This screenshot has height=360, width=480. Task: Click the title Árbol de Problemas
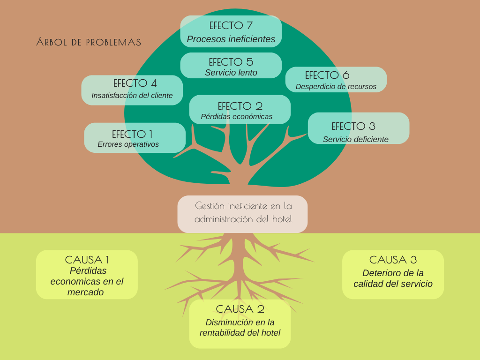point(89,42)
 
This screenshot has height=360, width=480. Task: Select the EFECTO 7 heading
point(231,26)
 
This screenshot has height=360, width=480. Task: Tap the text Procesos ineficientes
point(231,39)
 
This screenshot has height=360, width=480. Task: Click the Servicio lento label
point(231,73)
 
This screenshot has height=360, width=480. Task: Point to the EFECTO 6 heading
point(327,75)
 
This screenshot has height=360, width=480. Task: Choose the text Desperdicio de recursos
point(336,87)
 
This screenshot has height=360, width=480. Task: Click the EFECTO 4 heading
point(135,83)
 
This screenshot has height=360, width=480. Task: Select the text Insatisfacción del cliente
point(132,96)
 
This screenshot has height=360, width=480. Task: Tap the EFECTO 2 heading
point(240,106)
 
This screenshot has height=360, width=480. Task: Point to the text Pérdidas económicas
point(236,117)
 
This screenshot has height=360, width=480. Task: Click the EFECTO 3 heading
point(353,126)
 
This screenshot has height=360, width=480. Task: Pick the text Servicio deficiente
point(355,139)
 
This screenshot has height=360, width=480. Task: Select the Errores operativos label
point(128,144)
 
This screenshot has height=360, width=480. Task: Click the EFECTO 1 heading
point(132,134)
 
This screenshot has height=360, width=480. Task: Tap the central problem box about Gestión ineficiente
point(243,212)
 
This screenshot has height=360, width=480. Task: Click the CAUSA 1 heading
point(87,260)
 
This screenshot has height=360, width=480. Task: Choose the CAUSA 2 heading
point(240,309)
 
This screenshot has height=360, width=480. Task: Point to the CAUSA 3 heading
point(393,260)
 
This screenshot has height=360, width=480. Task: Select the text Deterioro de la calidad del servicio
point(393,278)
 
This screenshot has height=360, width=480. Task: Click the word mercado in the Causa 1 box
point(85,292)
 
